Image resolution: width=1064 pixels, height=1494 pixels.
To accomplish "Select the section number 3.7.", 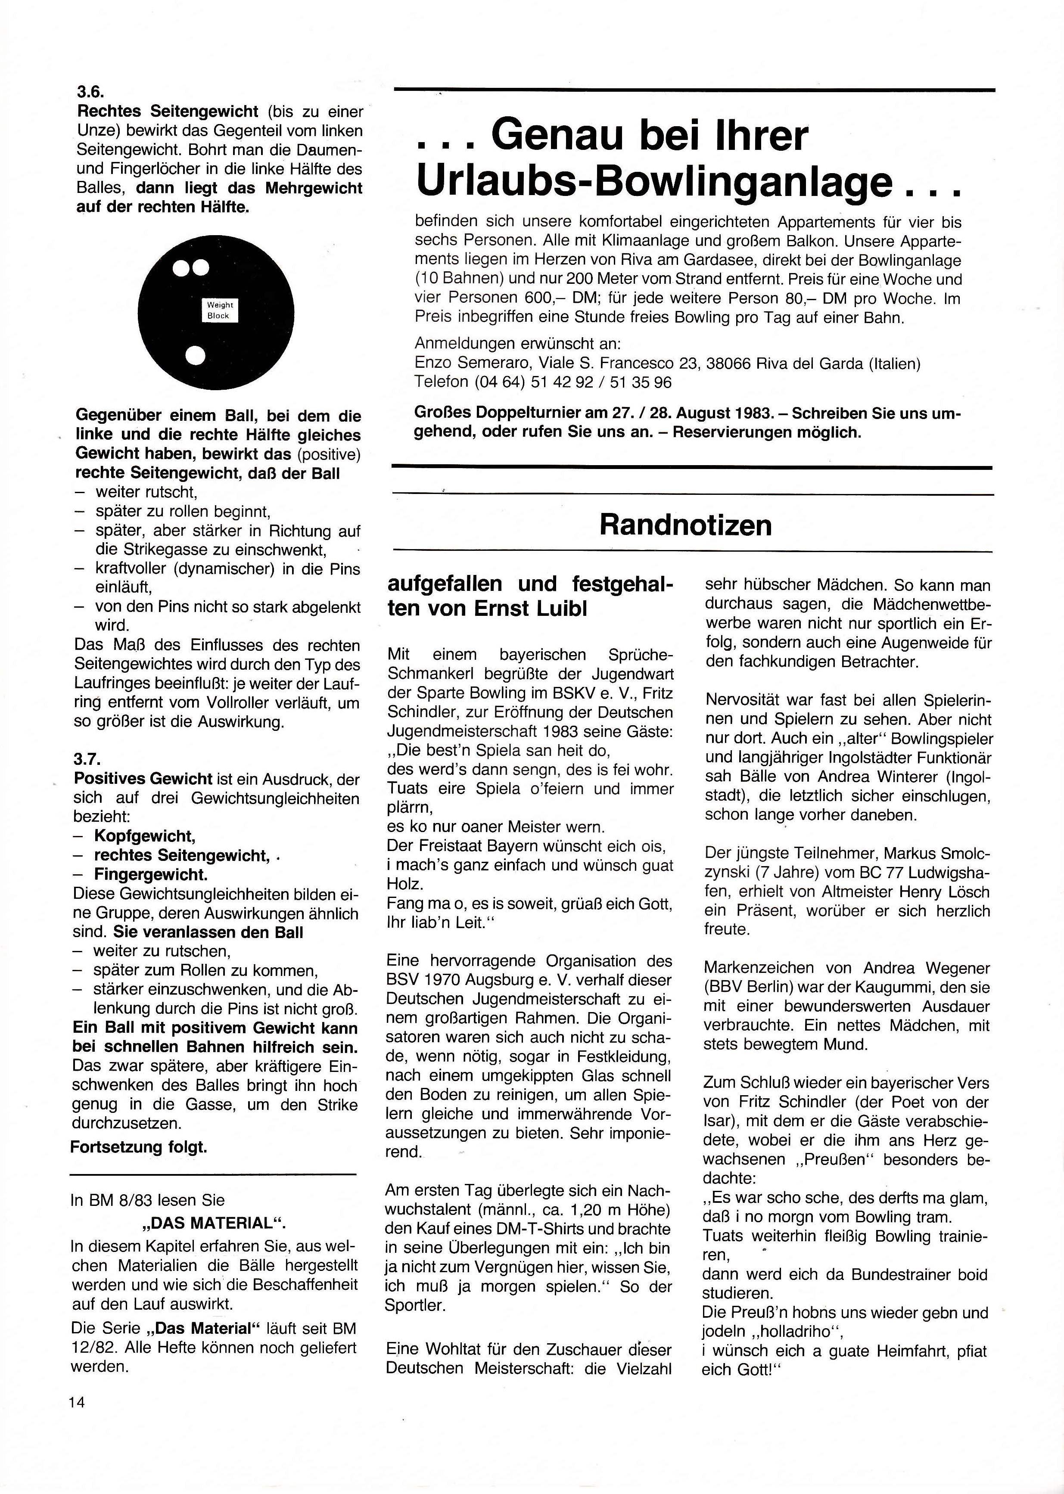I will click(87, 760).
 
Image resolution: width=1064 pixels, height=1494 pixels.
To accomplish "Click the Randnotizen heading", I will click(685, 525).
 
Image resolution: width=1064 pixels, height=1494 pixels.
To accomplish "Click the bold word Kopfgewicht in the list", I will click(144, 836).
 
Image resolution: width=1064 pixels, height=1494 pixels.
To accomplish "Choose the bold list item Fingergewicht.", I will click(151, 874).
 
